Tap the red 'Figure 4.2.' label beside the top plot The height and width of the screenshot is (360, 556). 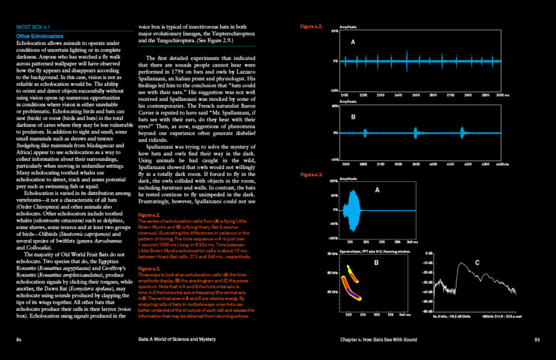[311, 27]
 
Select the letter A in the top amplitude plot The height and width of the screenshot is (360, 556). [353, 43]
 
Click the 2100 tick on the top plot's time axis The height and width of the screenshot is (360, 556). [344, 95]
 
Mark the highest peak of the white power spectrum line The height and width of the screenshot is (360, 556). [461, 265]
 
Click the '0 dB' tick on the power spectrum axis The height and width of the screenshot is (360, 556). [429, 254]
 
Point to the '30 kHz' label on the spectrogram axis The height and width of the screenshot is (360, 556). [331, 254]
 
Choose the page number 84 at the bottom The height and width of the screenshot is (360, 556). [20, 339]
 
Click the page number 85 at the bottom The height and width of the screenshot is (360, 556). [537, 339]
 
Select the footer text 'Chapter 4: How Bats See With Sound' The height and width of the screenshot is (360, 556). [378, 339]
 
